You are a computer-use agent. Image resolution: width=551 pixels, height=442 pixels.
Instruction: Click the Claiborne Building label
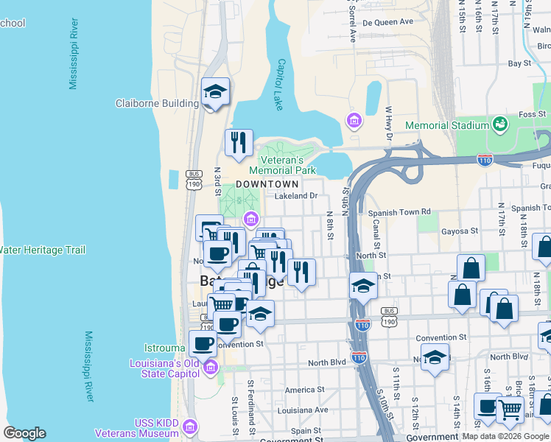157,104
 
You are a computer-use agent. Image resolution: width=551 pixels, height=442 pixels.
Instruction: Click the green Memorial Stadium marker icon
500,123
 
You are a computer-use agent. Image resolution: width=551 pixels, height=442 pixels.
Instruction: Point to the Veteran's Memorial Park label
287,165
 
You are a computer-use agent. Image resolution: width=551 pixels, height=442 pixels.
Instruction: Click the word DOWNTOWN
267,184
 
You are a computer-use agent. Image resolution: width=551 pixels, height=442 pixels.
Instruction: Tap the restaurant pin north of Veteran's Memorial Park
239,143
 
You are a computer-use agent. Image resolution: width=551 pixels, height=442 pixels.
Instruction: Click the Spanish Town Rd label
399,212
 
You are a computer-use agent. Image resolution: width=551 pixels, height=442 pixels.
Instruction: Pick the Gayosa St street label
460,231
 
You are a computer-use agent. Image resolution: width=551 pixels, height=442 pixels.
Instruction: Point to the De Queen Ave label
389,22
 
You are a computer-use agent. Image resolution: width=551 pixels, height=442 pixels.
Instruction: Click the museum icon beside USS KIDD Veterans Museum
191,427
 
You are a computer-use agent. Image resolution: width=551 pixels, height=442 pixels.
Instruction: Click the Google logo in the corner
24,433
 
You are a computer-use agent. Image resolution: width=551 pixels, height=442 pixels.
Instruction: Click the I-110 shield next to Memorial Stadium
485,158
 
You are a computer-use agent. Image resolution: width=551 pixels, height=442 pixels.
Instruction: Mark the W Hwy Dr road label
388,123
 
